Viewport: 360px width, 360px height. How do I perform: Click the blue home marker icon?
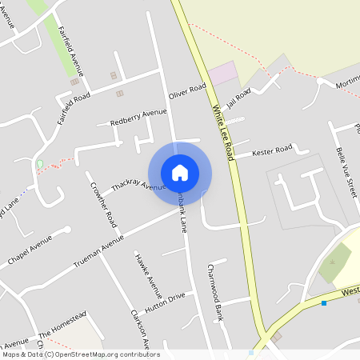(x=180, y=172)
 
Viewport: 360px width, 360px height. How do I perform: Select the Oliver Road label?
(x=188, y=92)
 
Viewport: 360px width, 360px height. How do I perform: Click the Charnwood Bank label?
(x=214, y=293)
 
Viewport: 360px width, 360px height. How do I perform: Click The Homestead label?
(x=61, y=324)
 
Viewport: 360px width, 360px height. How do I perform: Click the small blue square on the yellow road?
(x=324, y=302)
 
